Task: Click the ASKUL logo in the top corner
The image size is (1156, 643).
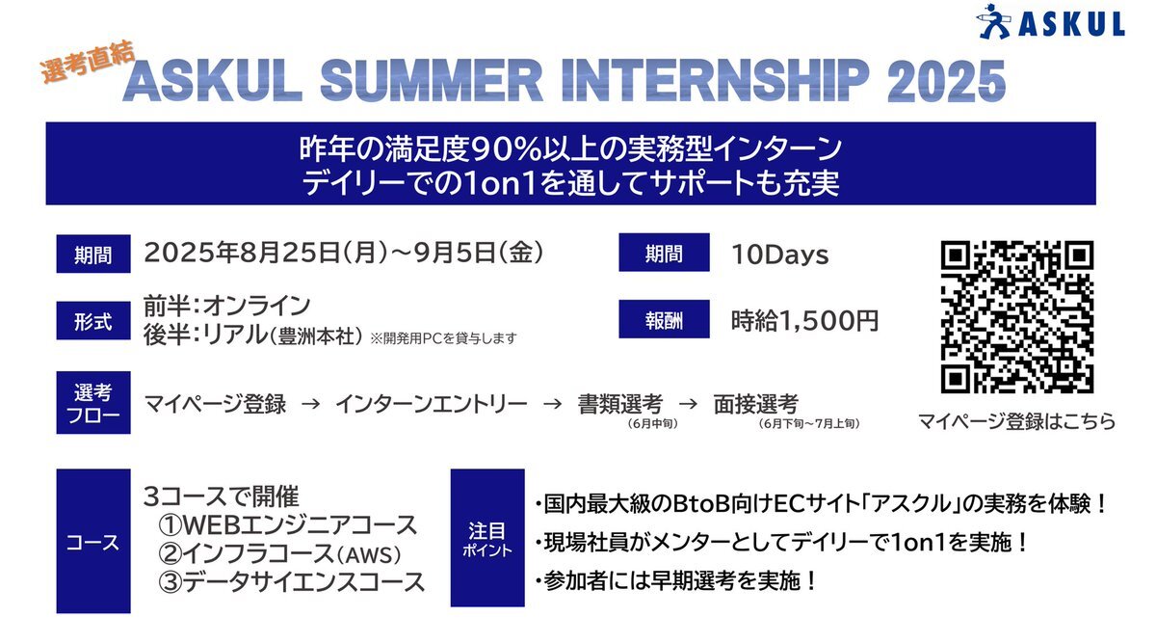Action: point(1050,22)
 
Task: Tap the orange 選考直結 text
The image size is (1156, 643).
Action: point(88,62)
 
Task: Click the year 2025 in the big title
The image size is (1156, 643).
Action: point(946,81)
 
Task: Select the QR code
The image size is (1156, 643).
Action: point(1016,316)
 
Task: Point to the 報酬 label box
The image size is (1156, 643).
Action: point(664,319)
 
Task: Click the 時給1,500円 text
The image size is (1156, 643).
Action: point(804,321)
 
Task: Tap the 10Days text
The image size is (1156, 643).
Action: point(779,255)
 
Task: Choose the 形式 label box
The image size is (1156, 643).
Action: point(93,321)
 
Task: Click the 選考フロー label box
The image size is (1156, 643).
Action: point(93,402)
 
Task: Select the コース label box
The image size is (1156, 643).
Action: point(93,541)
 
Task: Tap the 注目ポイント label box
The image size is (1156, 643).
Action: point(487,538)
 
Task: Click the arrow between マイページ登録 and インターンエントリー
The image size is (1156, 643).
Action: point(310,404)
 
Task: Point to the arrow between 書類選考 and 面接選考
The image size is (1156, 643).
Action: point(688,404)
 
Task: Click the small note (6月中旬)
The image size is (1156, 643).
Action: point(653,424)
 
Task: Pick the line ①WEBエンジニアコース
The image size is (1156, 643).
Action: point(287,525)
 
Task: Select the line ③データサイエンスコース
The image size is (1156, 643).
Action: point(292,582)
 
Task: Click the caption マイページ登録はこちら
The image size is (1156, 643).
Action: point(1016,421)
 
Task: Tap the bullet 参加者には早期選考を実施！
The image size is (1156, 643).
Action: point(675,581)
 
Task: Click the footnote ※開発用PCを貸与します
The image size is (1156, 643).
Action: point(443,338)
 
